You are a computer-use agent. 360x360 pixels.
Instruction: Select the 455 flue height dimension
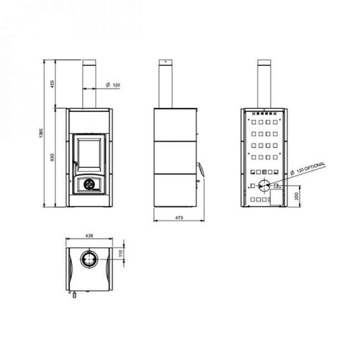[52, 84]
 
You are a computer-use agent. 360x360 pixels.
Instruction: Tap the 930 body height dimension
[52, 157]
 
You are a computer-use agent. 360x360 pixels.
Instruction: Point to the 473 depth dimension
[179, 218]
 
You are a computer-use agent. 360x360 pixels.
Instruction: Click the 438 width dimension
[89, 235]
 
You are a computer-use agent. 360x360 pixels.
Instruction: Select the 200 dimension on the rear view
[296, 196]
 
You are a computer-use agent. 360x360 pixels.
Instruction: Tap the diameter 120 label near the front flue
[113, 85]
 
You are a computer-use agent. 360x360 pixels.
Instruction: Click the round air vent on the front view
[88, 184]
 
